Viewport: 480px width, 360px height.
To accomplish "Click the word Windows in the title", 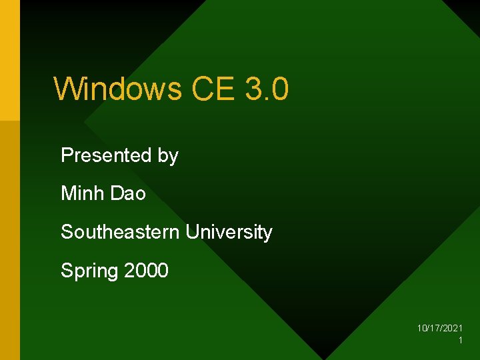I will (117, 89).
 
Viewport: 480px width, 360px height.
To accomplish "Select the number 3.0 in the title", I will (267, 89).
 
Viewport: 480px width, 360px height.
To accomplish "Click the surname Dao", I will (129, 193).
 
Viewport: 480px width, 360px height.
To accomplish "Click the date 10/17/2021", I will (440, 328).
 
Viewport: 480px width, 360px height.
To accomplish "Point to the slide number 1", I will (460, 341).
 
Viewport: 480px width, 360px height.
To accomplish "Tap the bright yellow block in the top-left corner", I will (9, 60).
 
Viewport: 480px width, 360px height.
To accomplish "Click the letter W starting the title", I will (67, 89).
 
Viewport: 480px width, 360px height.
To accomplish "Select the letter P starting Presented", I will (67, 155).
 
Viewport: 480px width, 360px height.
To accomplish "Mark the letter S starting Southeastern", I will (67, 232).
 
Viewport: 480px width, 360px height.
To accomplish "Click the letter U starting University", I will (192, 232).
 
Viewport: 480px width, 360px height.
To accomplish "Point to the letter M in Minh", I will (68, 193).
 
